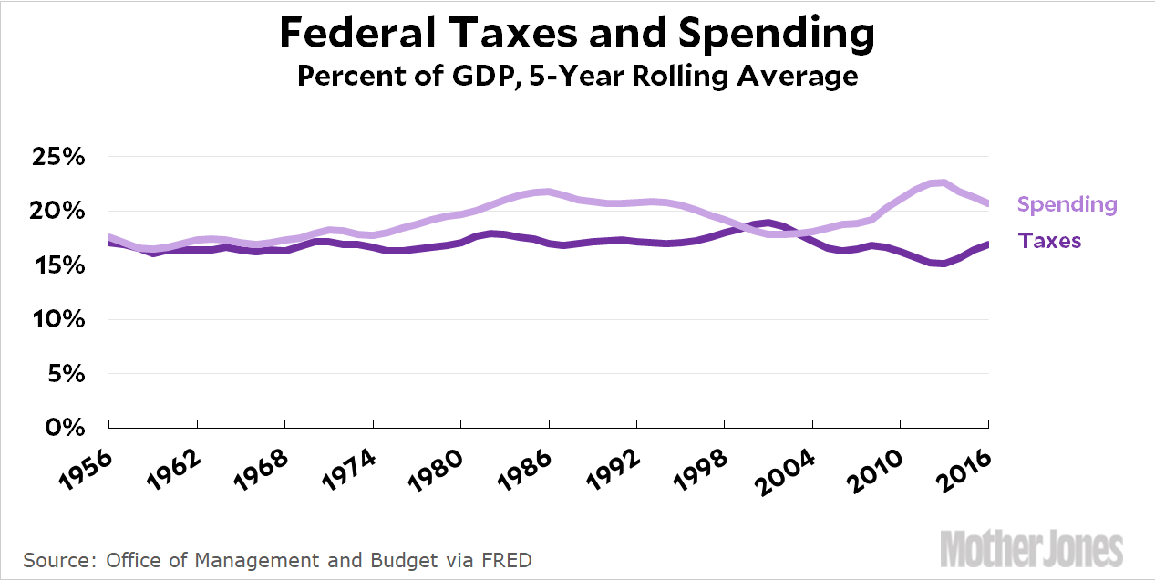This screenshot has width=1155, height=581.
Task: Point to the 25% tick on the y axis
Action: (x=59, y=157)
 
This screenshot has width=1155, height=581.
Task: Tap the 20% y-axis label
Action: (x=59, y=211)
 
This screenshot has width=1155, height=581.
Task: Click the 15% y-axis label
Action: (x=59, y=265)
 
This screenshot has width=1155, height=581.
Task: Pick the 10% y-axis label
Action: (x=59, y=319)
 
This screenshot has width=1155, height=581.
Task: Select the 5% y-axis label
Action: (x=66, y=374)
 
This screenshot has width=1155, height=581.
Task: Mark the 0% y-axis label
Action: (x=66, y=427)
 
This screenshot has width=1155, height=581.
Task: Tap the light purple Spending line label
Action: (x=1067, y=204)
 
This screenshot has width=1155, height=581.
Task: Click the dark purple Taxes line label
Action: (x=1049, y=241)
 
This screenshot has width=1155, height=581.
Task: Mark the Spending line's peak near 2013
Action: (x=943, y=183)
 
